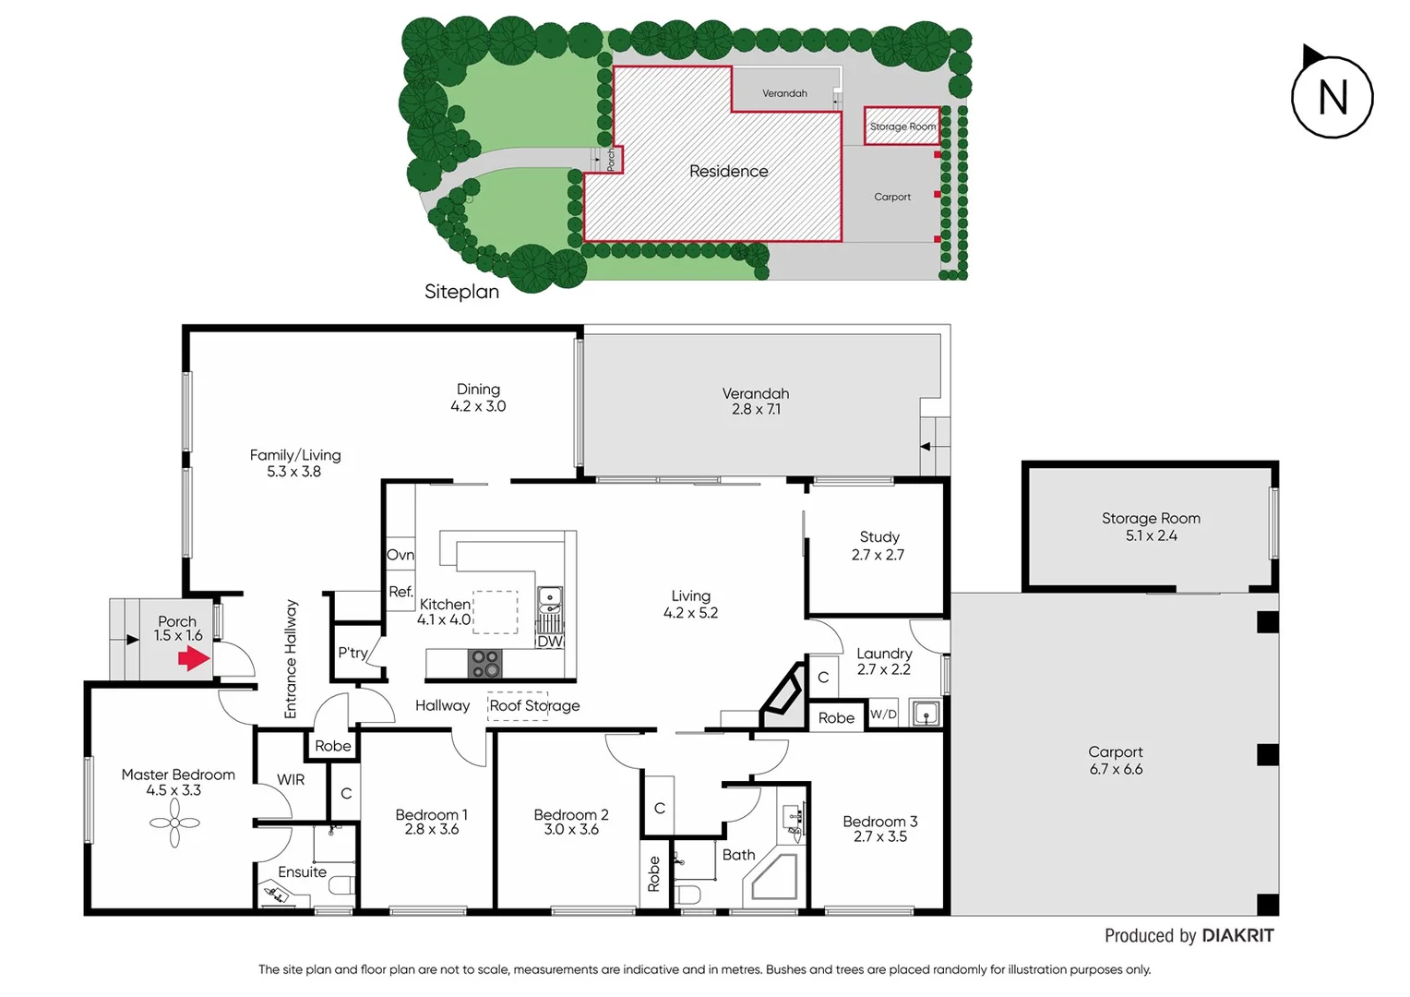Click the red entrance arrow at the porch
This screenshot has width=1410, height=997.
pyautogui.click(x=194, y=658)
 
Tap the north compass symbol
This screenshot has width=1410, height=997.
pyautogui.click(x=1332, y=97)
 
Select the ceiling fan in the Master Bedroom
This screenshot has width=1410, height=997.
pyautogui.click(x=174, y=822)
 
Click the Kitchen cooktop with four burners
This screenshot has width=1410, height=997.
pyautogui.click(x=485, y=664)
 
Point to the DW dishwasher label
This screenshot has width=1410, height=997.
pyautogui.click(x=550, y=642)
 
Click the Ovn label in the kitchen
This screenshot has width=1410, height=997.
pyautogui.click(x=400, y=555)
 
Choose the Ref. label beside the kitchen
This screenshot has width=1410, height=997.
pyautogui.click(x=400, y=592)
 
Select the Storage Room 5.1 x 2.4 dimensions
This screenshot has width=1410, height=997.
pyautogui.click(x=1151, y=535)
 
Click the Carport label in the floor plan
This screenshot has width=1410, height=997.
pyautogui.click(x=1115, y=752)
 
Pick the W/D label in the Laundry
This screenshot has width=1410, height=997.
pyautogui.click(x=883, y=714)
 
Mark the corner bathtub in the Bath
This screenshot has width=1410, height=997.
pyautogui.click(x=774, y=878)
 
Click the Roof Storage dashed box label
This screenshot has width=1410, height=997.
pyautogui.click(x=534, y=706)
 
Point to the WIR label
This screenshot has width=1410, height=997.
pyautogui.click(x=291, y=780)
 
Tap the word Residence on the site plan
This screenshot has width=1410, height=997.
pyautogui.click(x=728, y=172)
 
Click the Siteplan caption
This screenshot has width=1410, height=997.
pyautogui.click(x=461, y=292)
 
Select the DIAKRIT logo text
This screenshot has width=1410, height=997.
pyautogui.click(x=1237, y=936)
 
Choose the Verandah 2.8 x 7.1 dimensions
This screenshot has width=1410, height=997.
pyautogui.click(x=756, y=409)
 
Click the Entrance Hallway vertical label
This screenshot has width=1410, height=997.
pyautogui.click(x=291, y=659)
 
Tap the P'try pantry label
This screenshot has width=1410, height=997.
pyautogui.click(x=352, y=653)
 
